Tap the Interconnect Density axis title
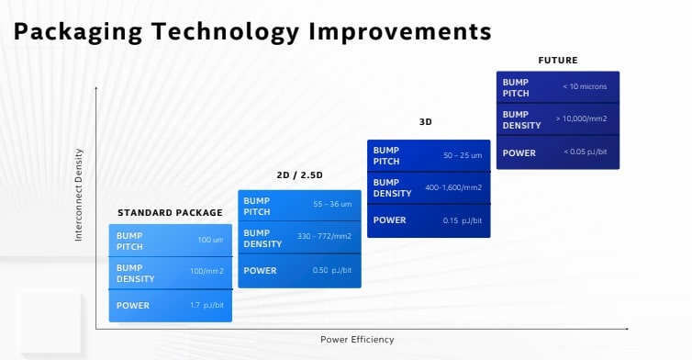[79, 195]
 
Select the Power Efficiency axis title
[357, 339]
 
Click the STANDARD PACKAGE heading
[170, 212]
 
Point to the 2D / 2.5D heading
[299, 175]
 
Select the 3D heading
[425, 121]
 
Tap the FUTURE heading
[557, 60]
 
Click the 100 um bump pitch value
[211, 241]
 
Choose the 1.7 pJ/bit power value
[207, 306]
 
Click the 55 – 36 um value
[332, 204]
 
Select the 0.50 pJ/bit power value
[333, 271]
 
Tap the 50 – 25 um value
[463, 155]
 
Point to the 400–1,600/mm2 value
[453, 187]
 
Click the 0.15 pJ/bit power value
[463, 220]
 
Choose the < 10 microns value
[586, 87]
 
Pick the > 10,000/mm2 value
[581, 118]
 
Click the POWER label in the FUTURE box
[519, 152]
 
